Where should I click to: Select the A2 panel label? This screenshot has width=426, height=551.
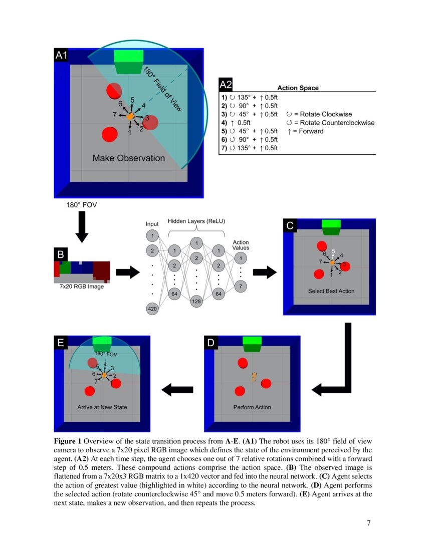[226, 85]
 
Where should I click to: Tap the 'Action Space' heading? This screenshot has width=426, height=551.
[298, 88]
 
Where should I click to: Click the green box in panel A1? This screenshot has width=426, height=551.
[129, 62]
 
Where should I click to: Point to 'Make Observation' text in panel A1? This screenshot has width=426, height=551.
[129, 158]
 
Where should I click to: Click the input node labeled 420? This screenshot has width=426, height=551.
[152, 310]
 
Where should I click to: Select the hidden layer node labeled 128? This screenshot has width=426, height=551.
[196, 302]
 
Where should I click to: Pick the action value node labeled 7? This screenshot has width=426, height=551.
[241, 286]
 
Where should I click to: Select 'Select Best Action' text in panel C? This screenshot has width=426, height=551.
[331, 291]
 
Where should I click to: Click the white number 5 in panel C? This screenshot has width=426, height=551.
[333, 251]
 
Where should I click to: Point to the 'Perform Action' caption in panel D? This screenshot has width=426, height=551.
[252, 407]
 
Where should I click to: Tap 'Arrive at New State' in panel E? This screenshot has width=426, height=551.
[102, 407]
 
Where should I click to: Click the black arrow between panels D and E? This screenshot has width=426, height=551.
[176, 388]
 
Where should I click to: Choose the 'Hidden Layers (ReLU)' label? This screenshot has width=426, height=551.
[196, 220]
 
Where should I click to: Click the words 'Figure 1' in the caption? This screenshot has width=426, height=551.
[68, 441]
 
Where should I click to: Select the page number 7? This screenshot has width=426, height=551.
[368, 523]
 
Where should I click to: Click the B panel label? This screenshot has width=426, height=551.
[60, 254]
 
